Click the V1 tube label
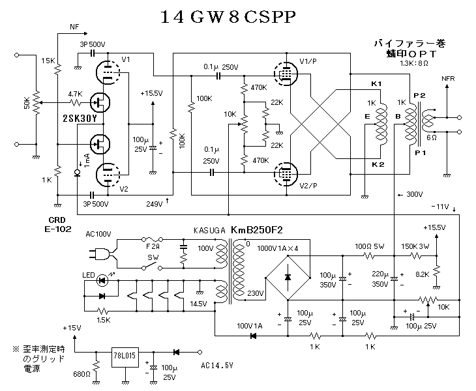[x=126, y=60]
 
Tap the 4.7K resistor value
[x=74, y=94]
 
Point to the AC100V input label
[x=98, y=233]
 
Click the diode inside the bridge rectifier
[x=288, y=277]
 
